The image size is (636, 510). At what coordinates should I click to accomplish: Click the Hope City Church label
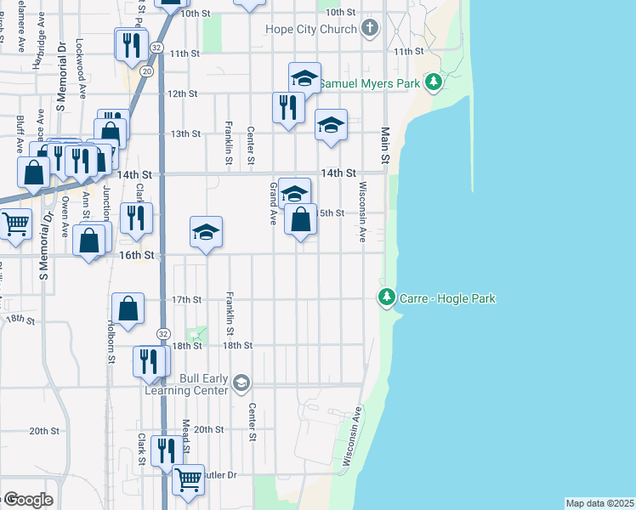(x=309, y=30)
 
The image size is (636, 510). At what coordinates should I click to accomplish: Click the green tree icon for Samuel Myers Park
(x=434, y=82)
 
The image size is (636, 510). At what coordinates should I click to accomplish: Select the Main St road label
(x=385, y=145)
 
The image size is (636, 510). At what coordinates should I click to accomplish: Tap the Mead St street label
(x=185, y=433)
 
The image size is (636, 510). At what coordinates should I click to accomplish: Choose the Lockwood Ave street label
(x=79, y=58)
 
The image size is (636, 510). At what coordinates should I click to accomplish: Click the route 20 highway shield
(x=147, y=72)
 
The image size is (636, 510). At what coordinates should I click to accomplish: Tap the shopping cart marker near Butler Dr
(x=188, y=479)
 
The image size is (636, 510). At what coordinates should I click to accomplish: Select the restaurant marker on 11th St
(x=131, y=44)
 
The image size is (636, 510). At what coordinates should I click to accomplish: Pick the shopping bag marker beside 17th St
(x=128, y=309)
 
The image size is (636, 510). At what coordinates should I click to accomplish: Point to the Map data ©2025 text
(x=599, y=503)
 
